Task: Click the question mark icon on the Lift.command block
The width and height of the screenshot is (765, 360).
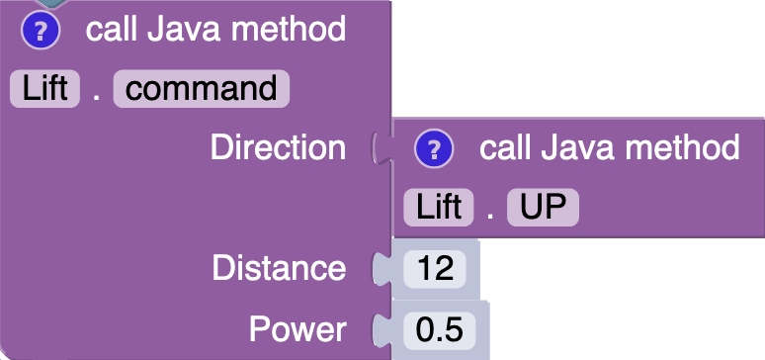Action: tap(42, 31)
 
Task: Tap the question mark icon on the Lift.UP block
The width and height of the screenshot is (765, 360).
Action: tap(434, 149)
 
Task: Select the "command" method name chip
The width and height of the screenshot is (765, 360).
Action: tap(202, 88)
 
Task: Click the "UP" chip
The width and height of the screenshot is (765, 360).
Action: tap(543, 208)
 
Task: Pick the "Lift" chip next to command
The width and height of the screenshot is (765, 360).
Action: tap(44, 88)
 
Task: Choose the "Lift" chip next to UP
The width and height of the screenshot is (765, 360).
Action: tap(439, 208)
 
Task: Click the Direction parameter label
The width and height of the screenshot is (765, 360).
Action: tap(278, 148)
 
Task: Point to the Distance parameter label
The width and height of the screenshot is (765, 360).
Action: tap(280, 268)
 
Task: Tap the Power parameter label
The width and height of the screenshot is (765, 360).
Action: tap(297, 328)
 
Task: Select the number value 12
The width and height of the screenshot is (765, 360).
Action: tap(435, 269)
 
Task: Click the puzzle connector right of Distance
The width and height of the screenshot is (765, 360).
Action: tap(379, 268)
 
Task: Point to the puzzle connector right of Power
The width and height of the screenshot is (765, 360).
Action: tap(379, 328)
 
